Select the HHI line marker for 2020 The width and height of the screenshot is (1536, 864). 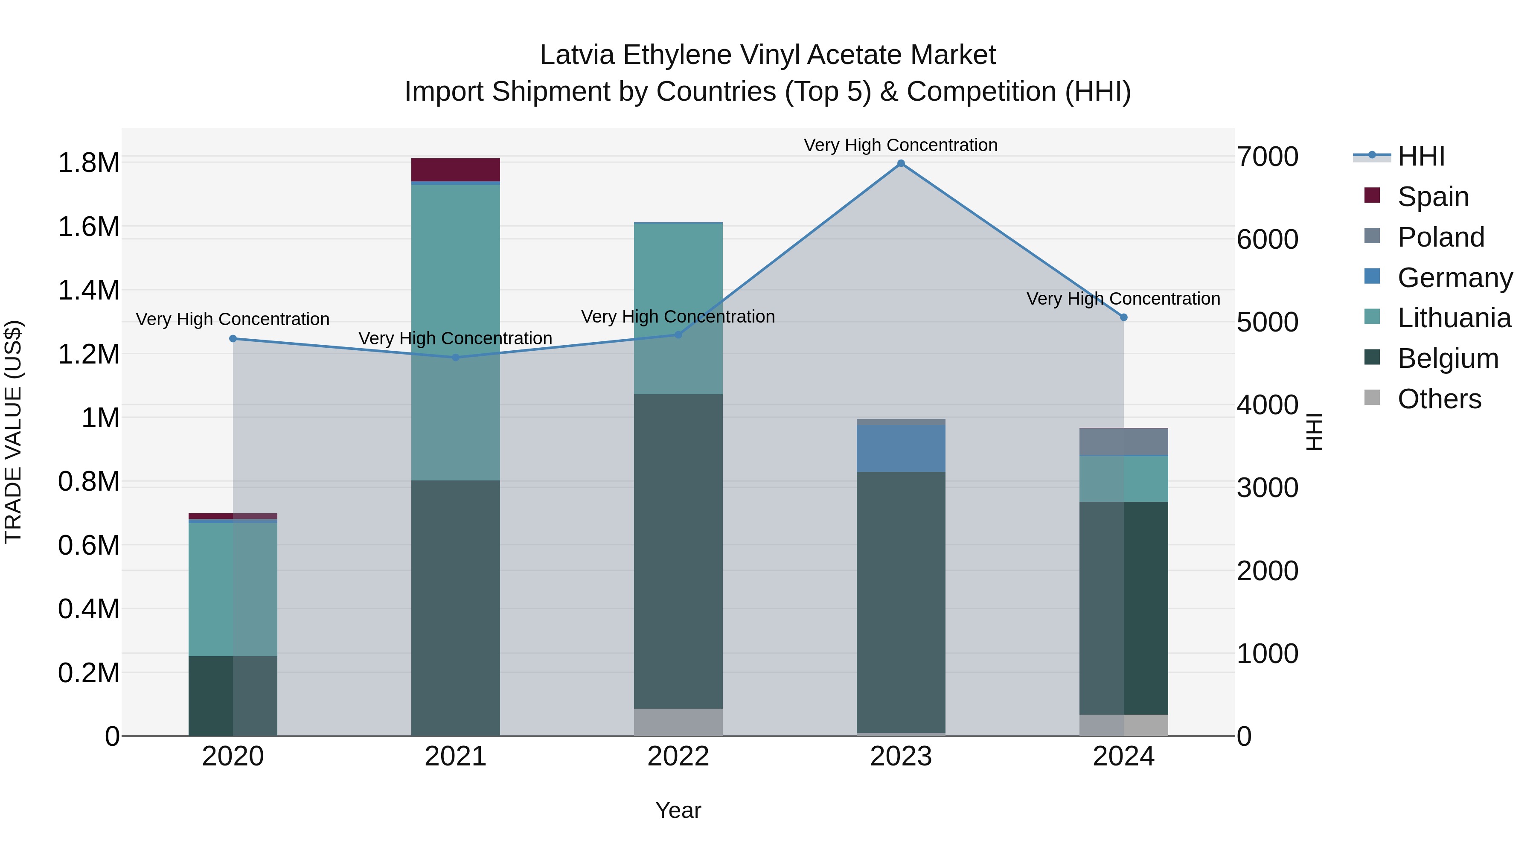233,339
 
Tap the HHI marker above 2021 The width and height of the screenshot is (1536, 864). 456,358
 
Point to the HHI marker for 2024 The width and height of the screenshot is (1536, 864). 1124,317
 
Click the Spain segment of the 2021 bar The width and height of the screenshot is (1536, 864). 456,170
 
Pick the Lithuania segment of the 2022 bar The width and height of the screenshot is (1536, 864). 678,308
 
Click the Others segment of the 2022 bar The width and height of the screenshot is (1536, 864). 678,722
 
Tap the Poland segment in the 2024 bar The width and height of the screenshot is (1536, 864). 1124,442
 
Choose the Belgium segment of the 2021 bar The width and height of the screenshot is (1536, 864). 456,608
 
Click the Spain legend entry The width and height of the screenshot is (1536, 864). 1433,197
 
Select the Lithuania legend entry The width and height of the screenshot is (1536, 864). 1454,318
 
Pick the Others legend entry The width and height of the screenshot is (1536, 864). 1439,399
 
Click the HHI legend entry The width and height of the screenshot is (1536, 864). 1421,156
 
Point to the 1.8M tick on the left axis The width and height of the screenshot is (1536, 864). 89,163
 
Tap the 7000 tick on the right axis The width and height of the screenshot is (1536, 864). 1268,157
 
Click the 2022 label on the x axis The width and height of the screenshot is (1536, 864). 678,756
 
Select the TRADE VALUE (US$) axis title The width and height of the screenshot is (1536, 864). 13,432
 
